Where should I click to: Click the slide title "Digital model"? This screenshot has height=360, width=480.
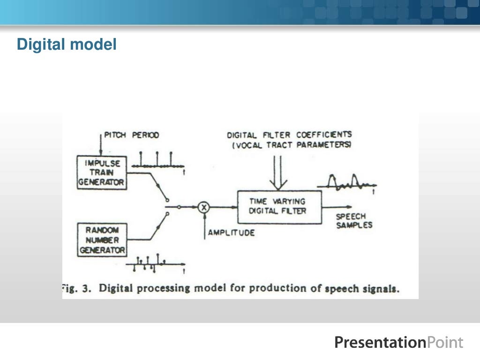(67, 45)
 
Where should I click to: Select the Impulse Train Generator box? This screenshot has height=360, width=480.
(102, 172)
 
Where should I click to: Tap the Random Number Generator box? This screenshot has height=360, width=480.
(102, 240)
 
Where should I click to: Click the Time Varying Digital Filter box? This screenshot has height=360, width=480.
(279, 206)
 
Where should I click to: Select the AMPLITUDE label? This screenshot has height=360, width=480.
(231, 232)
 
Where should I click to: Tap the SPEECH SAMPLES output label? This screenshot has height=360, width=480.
(354, 221)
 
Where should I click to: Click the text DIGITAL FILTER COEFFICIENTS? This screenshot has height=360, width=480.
(289, 135)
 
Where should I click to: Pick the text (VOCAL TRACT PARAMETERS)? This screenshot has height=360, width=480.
(292, 145)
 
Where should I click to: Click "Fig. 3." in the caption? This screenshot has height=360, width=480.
(77, 288)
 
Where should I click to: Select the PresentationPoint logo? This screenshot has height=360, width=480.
(398, 343)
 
